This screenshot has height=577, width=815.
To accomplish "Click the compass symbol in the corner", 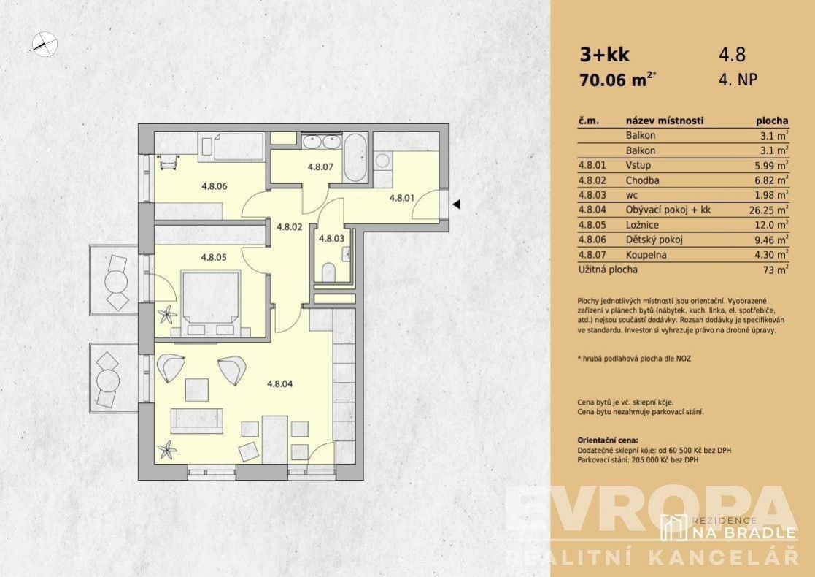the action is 45,44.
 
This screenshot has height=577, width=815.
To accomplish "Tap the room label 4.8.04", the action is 280,384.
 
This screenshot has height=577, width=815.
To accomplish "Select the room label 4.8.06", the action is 214,186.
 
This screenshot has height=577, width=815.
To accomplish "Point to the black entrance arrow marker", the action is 456,205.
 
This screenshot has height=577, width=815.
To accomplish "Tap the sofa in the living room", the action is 197,421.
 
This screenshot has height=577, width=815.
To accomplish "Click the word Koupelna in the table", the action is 646,255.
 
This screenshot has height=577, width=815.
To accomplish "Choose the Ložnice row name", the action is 642,225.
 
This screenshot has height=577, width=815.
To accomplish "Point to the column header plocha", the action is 772,121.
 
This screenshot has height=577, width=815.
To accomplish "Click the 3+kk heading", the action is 604,55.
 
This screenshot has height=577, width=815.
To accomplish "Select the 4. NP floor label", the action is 738,80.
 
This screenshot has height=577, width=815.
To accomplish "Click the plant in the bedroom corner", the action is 168,314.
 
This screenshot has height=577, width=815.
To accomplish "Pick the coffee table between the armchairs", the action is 197,390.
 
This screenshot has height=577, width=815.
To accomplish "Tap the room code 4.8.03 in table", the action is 592,195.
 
